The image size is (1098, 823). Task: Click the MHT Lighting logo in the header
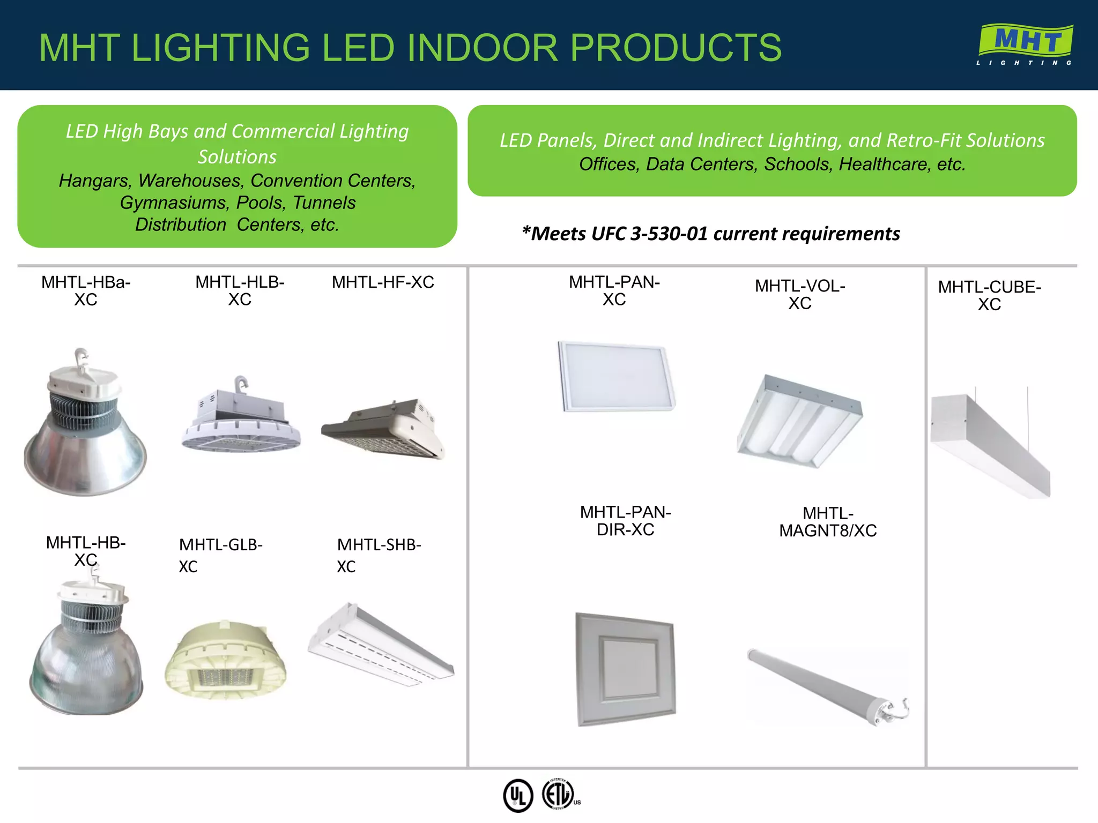coord(1025,44)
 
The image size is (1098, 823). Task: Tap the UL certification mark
coord(518,795)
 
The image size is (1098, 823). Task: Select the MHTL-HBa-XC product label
coord(86,290)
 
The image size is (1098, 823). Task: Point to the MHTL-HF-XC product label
coord(383,282)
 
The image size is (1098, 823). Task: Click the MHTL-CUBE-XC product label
coord(989,295)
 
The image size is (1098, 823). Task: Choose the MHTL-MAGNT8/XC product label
coord(828,522)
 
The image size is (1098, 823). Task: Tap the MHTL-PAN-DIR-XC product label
coord(625,521)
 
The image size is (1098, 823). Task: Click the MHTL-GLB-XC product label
coord(220,555)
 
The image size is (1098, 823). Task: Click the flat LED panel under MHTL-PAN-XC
coord(617,376)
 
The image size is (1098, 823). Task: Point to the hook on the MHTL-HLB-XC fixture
coord(242,384)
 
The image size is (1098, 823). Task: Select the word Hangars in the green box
coord(94,181)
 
